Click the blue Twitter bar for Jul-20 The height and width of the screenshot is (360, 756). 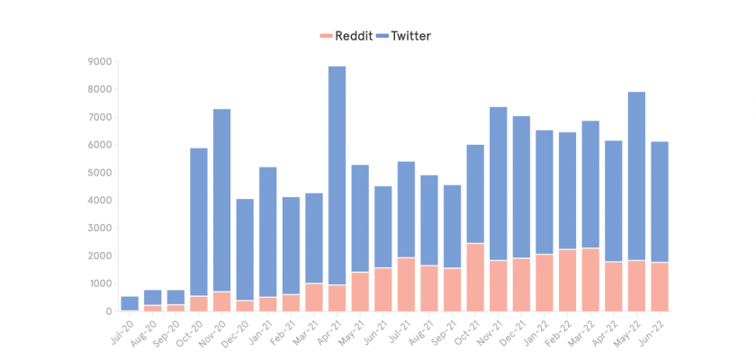pyautogui.click(x=130, y=303)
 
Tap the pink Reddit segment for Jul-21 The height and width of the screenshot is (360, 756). pyautogui.click(x=407, y=284)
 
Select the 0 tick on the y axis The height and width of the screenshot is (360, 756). pyautogui.click(x=108, y=311)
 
